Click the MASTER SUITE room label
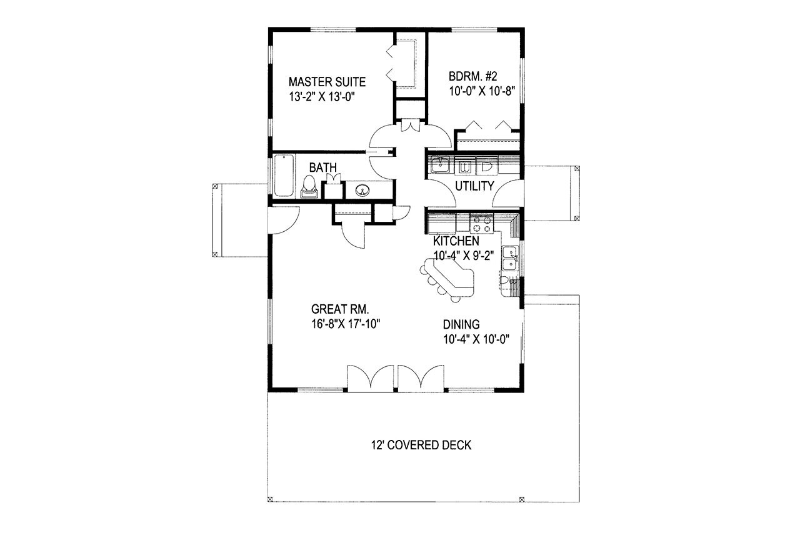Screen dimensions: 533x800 [327, 81]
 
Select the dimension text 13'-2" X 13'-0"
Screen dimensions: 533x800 [327, 96]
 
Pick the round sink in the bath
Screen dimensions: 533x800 [362, 190]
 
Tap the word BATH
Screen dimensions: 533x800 [324, 167]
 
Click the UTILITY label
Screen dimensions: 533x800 [474, 186]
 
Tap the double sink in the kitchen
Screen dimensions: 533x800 [512, 259]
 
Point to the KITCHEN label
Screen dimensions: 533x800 [457, 241]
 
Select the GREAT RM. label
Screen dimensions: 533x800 [340, 309]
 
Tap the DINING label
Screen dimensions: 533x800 [461, 324]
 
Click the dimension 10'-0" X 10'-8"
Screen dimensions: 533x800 [481, 91]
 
